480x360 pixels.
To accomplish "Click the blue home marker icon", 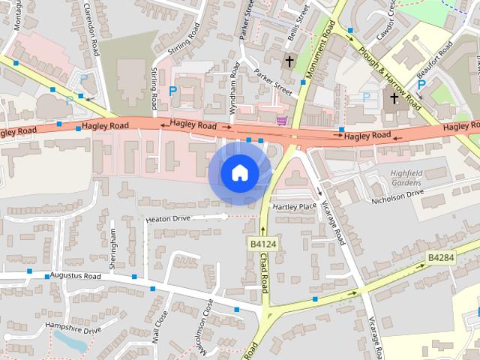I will pos(239,173).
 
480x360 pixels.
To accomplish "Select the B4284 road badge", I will pos(441,257).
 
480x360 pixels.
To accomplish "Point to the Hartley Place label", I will pos(295,206).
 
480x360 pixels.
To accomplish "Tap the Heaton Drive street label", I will pos(169,218).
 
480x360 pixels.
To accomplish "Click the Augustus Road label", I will pos(75,276).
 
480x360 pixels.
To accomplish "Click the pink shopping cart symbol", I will pos(282,120).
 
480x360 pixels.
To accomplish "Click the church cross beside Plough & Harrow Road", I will pos(394,98).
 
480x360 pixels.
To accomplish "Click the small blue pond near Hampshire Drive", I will pos(71,341).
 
